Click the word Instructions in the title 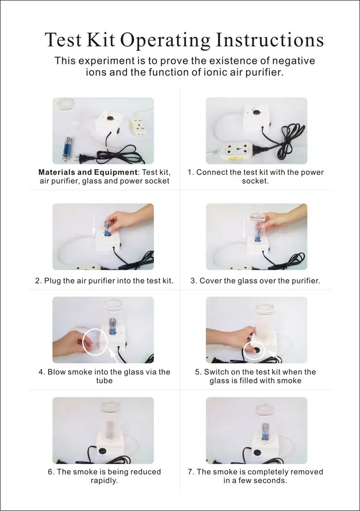tap(270, 40)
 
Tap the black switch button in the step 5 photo tap(256, 350)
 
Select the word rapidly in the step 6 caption tap(104, 480)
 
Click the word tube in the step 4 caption tap(104, 380)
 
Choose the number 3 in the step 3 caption tap(193, 280)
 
